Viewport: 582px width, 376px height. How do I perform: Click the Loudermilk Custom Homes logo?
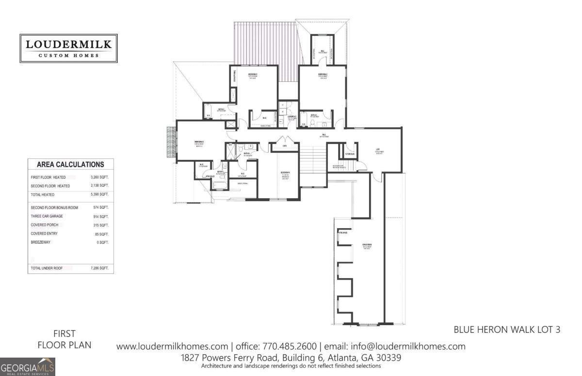click(68, 48)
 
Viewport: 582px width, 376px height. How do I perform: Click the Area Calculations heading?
click(71, 165)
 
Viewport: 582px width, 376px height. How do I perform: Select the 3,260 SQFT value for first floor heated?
click(99, 178)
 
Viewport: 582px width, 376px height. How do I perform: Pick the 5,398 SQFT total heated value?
click(99, 194)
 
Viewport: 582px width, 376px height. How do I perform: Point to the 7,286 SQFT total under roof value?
click(99, 268)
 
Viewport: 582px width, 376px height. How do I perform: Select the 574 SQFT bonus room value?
click(100, 207)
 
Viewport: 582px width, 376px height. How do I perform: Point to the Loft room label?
click(377, 150)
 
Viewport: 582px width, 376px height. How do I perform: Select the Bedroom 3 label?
click(199, 142)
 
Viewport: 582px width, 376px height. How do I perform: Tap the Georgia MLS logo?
click(28, 366)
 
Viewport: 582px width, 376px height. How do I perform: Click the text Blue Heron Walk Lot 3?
click(507, 329)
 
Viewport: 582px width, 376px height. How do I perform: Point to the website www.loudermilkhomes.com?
click(172, 346)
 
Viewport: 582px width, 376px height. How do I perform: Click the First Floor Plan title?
click(65, 339)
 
